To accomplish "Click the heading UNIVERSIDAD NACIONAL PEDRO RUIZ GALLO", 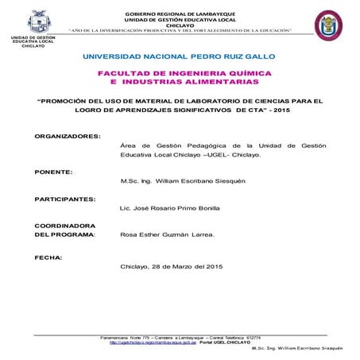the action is [179, 57].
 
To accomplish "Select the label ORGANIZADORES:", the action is [68, 136].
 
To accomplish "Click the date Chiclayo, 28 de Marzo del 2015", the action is [171, 266].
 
